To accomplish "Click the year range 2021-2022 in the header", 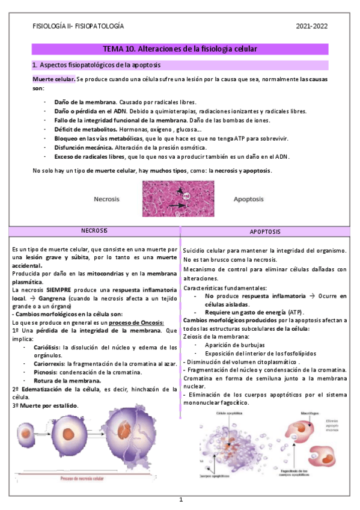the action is pos(313,26).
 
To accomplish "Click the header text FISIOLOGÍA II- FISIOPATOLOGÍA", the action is pos(78,26).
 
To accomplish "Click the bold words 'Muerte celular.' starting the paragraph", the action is pos(53,80).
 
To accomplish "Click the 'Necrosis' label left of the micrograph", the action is pos(106,198).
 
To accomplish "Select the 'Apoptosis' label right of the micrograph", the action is pos(248,198).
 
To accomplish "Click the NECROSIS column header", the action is pos(94,231).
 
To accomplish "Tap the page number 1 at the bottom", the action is pos(180,500).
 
